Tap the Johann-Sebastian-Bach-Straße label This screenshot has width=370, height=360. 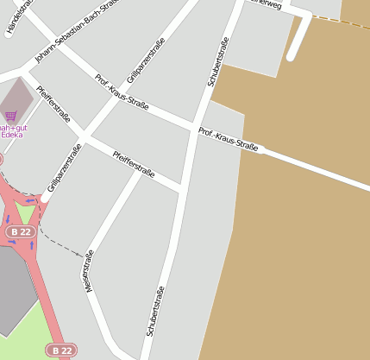74,31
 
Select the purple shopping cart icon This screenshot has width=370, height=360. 10,115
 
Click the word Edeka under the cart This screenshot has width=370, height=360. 12,135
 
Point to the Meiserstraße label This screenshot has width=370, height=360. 88,270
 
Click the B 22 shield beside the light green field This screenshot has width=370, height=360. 61,350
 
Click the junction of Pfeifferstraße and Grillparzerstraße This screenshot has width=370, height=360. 85,136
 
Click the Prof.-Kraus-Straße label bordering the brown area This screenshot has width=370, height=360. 229,140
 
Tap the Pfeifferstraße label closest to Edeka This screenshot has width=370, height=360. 53,104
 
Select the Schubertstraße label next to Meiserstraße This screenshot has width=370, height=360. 155,311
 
